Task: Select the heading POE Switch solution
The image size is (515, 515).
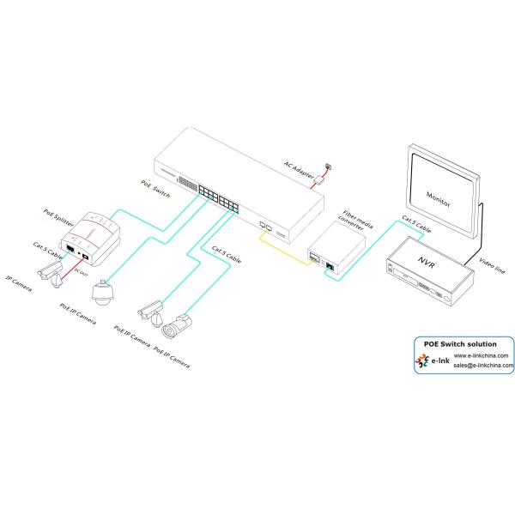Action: pyautogui.click(x=461, y=343)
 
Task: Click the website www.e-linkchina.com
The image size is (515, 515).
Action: pyautogui.click(x=481, y=354)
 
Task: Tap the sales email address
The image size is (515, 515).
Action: pyautogui.click(x=482, y=365)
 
